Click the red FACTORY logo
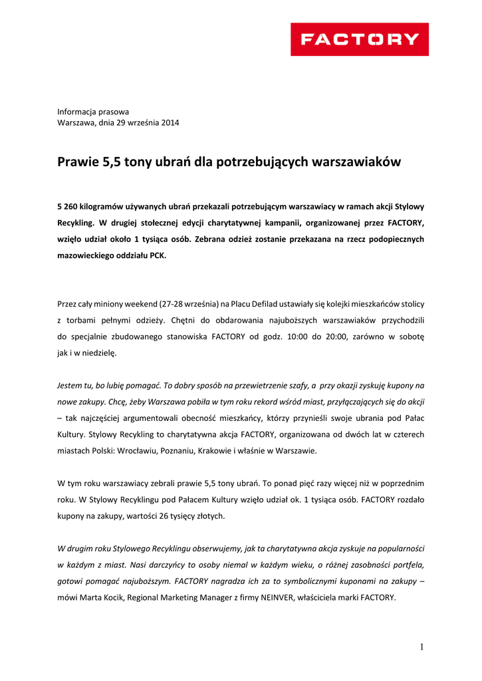point(359,39)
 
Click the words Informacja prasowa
point(93,112)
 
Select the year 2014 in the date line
point(170,122)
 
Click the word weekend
point(144,304)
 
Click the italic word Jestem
point(70,385)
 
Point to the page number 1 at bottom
point(422,646)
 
